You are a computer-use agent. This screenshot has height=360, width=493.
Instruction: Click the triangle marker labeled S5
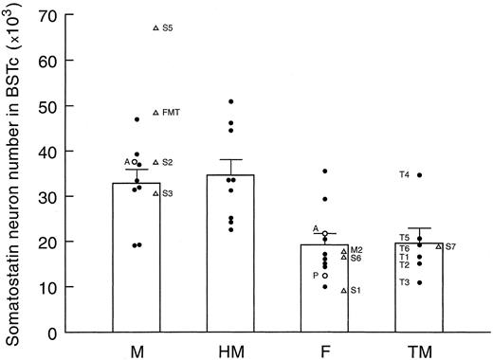[156, 28]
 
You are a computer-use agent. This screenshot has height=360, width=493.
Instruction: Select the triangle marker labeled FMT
[156, 113]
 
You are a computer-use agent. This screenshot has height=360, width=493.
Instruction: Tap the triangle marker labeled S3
[156, 193]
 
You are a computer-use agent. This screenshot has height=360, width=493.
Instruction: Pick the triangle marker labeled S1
[344, 291]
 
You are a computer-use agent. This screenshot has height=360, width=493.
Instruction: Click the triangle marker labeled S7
[439, 246]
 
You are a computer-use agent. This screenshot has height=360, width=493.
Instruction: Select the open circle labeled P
[325, 276]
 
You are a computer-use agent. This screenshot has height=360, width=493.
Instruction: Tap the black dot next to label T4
[419, 175]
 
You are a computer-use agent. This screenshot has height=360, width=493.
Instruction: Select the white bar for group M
[137, 265]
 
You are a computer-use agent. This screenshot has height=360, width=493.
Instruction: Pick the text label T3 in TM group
[404, 282]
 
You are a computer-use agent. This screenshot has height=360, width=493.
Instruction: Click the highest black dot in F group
[325, 171]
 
